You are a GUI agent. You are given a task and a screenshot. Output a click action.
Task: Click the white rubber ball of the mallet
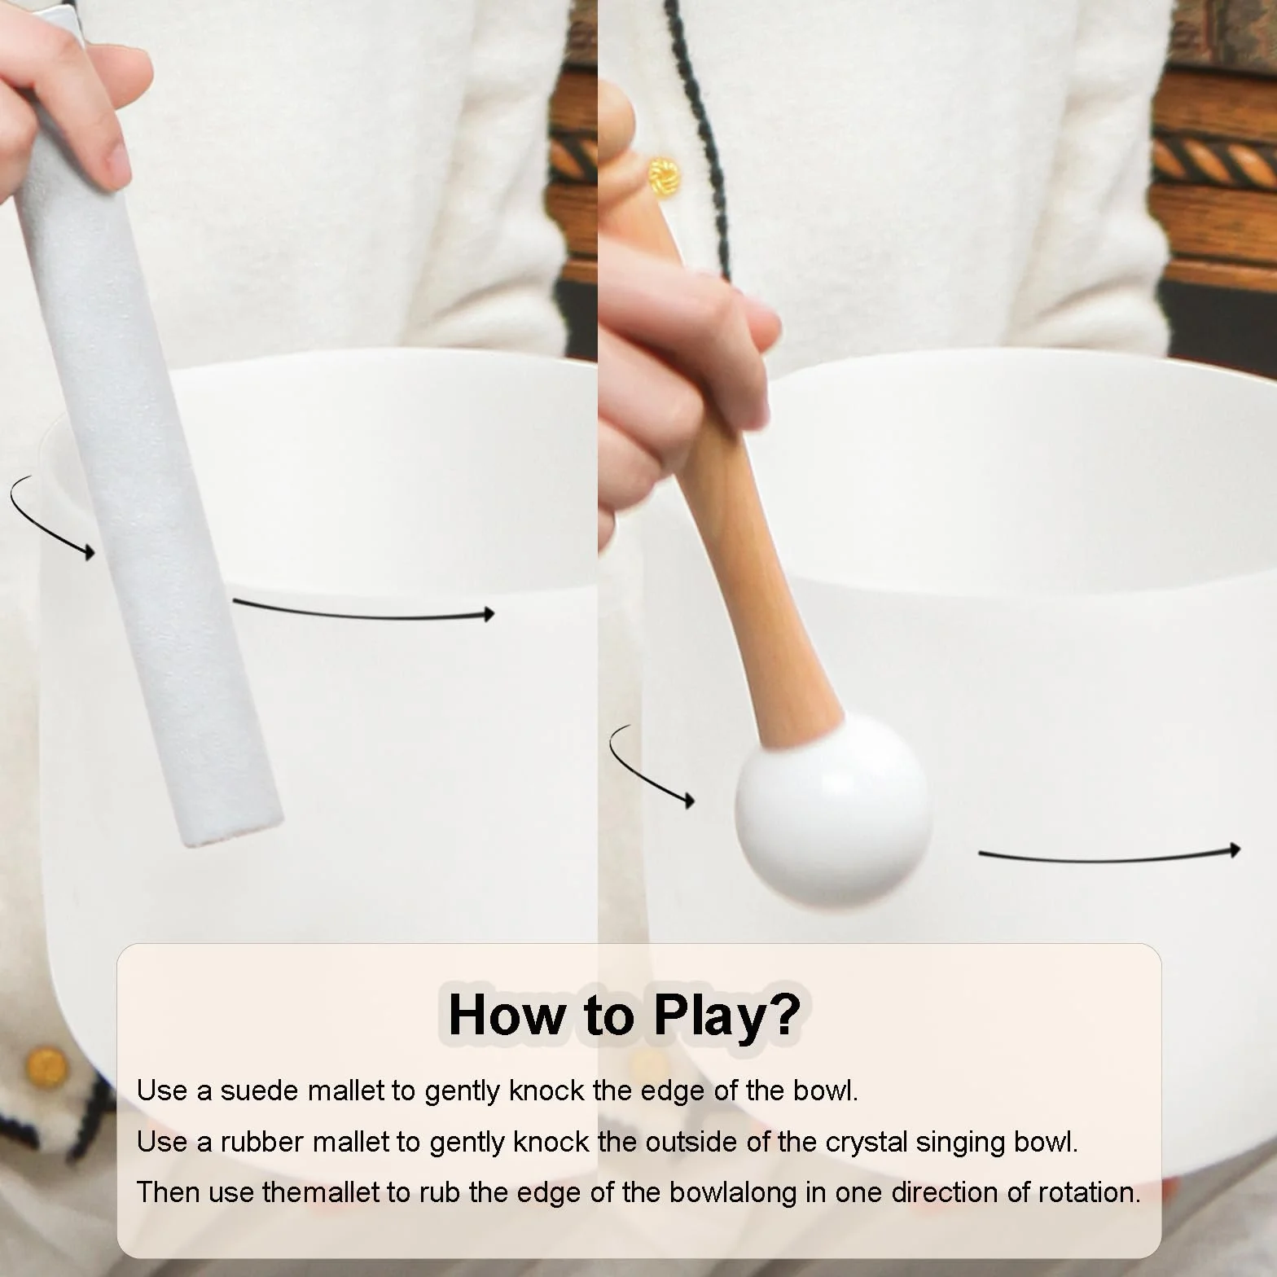(832, 807)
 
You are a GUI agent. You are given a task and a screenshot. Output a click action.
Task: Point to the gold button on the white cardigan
(663, 173)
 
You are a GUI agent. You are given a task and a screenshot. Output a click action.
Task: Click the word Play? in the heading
(727, 1016)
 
